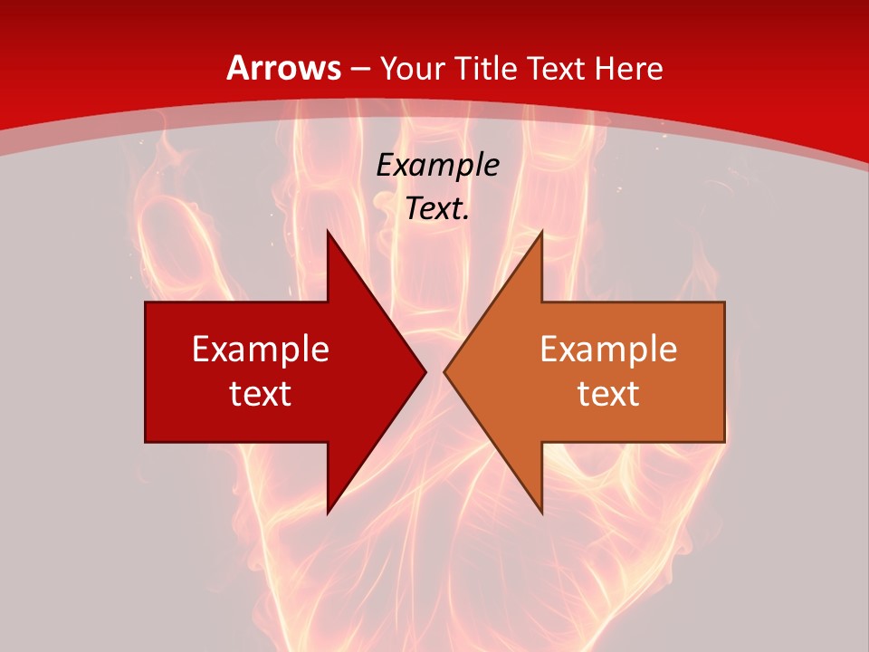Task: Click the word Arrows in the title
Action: tap(284, 68)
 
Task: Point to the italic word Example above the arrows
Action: tap(438, 165)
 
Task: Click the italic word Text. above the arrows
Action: tap(438, 209)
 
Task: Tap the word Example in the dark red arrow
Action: tap(261, 349)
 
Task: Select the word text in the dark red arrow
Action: tap(261, 393)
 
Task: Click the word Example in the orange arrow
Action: tap(608, 349)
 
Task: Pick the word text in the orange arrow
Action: tap(608, 393)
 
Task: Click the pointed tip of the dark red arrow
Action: tap(423, 371)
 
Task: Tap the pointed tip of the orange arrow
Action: tap(447, 371)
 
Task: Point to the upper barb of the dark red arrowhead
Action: tap(329, 237)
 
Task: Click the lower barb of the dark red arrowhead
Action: tap(329, 507)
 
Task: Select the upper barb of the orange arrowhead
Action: tap(540, 237)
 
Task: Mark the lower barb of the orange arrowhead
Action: tap(540, 507)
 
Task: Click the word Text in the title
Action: tap(559, 68)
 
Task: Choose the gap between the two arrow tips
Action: tap(435, 371)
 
